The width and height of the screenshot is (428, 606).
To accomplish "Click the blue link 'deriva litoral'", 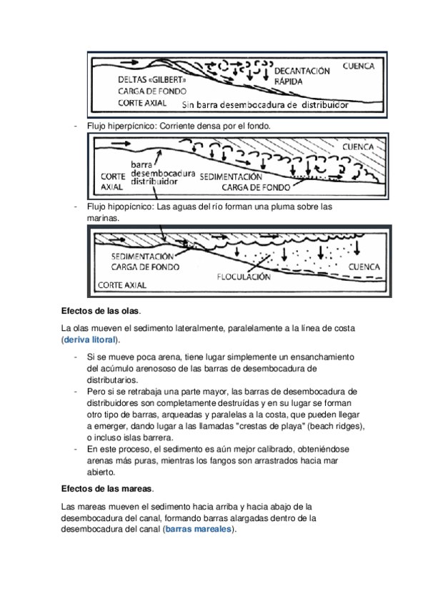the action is (x=89, y=339).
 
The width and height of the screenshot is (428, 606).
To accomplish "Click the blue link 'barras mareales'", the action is (x=198, y=529).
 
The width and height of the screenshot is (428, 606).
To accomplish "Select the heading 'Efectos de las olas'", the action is (x=100, y=311).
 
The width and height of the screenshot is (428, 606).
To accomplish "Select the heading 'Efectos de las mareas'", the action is (x=106, y=489).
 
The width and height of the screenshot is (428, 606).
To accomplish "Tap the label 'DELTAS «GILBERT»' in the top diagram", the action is (x=151, y=79).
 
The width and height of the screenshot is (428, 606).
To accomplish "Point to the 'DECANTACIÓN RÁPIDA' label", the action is (x=302, y=76).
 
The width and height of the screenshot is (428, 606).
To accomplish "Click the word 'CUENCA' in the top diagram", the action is (x=359, y=66).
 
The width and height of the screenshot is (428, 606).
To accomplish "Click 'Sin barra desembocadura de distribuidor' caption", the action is (x=265, y=105).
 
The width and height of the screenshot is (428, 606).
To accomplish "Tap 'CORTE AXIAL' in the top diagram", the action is (x=142, y=103).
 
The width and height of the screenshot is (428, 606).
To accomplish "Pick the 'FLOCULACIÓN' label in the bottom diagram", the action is (x=244, y=277).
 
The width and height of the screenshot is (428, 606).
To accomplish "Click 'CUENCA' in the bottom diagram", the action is (x=364, y=267).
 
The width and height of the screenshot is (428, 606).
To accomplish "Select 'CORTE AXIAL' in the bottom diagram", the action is (x=122, y=285).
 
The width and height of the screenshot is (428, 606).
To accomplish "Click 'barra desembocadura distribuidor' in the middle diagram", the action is (x=163, y=173).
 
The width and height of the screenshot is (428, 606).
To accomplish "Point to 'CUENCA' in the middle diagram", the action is (x=358, y=147).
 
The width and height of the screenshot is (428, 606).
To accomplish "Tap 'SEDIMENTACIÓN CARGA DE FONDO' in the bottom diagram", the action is (x=145, y=262).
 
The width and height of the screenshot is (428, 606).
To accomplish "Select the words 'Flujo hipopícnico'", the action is (x=120, y=207).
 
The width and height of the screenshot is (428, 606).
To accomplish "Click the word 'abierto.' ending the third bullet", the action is (x=101, y=472).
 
